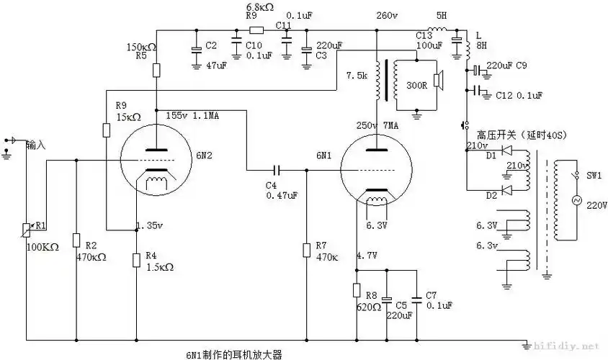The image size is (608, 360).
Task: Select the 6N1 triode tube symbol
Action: pos(375,170)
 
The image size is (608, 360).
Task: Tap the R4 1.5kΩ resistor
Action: pos(136,259)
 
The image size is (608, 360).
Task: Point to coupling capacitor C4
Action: pos(277,171)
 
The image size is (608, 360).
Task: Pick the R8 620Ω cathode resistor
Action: pos(357,290)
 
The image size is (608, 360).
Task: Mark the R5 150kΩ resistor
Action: pos(156,70)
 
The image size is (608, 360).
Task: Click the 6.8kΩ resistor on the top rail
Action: pos(256,31)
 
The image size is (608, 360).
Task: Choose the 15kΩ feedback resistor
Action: pos(105,130)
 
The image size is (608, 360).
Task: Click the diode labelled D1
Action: pos(507,152)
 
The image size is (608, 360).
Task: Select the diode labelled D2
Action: pos(507,189)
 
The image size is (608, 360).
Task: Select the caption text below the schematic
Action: pos(234,354)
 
